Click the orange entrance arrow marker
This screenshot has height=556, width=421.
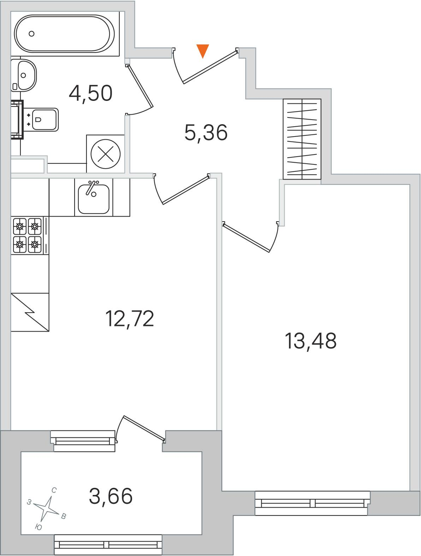[x=203, y=51]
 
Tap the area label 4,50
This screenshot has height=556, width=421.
[x=90, y=93]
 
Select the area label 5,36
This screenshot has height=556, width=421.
[x=206, y=133]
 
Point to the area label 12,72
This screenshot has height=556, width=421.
[x=129, y=319]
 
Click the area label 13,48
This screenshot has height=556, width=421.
[x=311, y=341]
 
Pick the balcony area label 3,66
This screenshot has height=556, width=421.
[x=111, y=496]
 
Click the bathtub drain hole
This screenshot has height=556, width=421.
[x=31, y=34]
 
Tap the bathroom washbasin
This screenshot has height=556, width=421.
[x=24, y=75]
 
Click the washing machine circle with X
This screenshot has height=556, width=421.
[x=106, y=154]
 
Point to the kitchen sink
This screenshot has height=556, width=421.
[x=94, y=197]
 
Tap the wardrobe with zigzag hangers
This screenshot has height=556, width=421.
[x=302, y=139]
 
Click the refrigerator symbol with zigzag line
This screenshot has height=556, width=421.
[x=30, y=312]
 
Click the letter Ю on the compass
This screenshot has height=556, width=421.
[x=38, y=527]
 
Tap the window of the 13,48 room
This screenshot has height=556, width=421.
[x=312, y=503]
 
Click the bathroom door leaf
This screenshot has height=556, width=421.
[x=140, y=86]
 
